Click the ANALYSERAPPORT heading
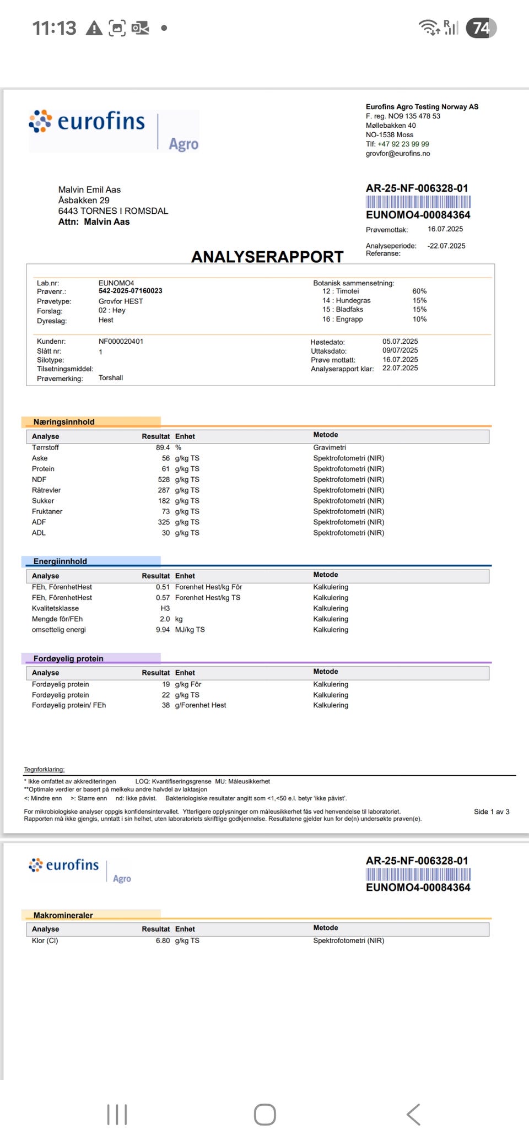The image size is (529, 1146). pos(267,257)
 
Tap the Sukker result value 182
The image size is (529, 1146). pos(164,501)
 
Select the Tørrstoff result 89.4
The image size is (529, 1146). pos(163,447)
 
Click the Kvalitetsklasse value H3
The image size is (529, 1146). pos(165,608)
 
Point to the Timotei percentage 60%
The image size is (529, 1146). pos(419,291)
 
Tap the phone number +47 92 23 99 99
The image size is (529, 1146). pos(403,144)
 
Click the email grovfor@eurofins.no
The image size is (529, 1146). pos(398,153)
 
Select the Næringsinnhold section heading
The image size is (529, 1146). pos(64,422)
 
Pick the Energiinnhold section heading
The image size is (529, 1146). pos(60,561)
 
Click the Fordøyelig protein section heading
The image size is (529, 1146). pos(68,658)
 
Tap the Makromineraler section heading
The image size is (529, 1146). pos(63,915)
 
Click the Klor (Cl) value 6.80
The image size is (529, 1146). pos(163,940)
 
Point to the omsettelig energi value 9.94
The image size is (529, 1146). pos(163,629)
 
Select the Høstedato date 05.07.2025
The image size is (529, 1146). pos(400,342)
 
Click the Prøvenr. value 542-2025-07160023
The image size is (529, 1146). pos(130,291)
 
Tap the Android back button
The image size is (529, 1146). pos(413,1114)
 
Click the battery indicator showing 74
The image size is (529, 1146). pos(481,28)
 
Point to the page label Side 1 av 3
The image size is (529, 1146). pos(492,812)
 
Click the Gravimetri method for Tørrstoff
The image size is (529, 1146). pos(330,447)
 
